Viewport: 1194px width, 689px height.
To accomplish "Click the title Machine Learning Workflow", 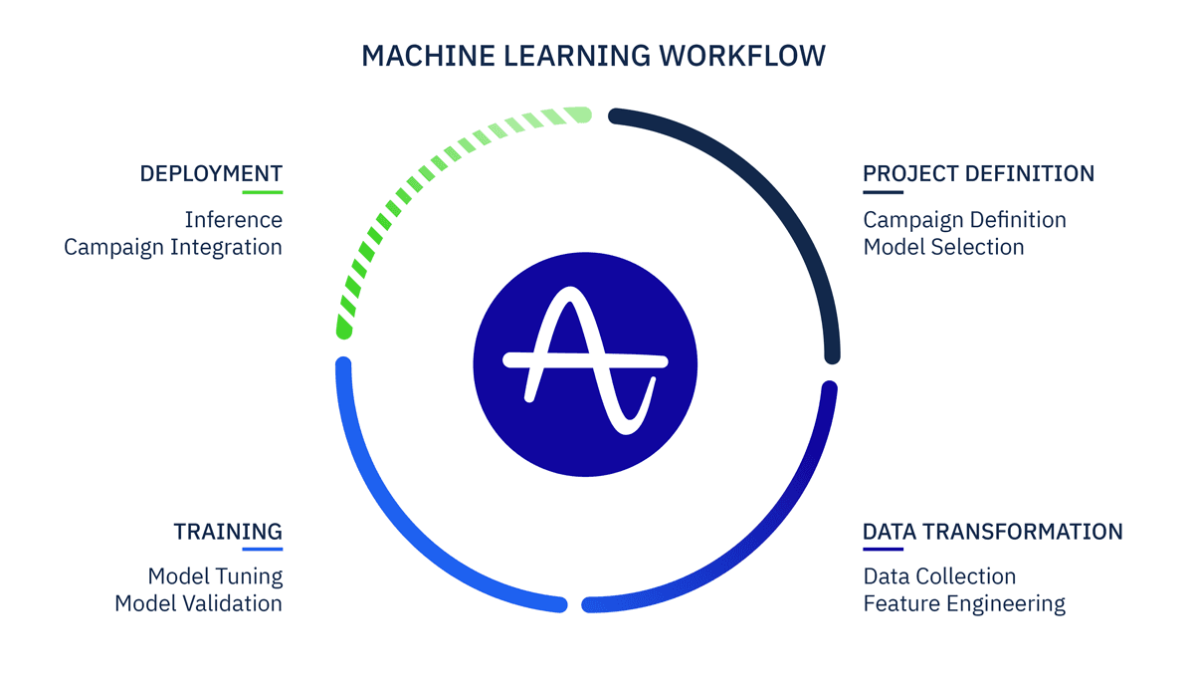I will (593, 56).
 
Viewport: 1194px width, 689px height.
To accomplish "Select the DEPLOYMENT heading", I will (211, 173).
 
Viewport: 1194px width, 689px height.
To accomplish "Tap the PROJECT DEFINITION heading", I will (978, 173).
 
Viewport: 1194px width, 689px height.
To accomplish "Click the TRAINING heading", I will (228, 531).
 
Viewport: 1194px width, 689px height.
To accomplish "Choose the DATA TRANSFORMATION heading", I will (992, 531).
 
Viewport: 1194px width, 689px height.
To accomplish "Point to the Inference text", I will (233, 219).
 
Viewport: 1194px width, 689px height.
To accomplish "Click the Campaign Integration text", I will (173, 247).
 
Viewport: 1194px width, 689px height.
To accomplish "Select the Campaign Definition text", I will (964, 219).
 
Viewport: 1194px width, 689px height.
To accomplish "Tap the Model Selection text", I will (943, 247).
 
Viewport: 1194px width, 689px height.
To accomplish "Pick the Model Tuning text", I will (215, 575).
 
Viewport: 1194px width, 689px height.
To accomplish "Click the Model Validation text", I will (198, 603).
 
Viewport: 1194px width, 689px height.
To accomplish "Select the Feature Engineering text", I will (964, 603).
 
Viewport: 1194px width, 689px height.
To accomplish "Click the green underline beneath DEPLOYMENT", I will (262, 192).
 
